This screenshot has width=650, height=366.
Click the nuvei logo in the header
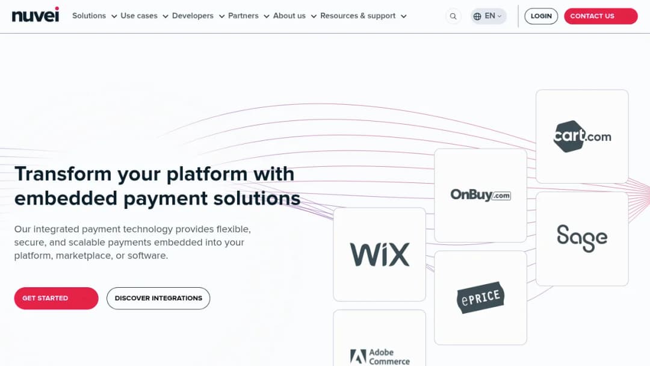36,15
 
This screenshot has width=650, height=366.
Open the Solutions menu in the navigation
94,16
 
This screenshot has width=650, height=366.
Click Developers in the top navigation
198,16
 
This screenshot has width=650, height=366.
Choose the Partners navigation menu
249,16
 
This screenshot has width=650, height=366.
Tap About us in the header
295,16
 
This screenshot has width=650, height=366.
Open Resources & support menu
363,16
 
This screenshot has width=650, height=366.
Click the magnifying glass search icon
453,16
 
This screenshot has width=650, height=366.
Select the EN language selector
488,16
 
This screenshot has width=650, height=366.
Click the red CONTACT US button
601,16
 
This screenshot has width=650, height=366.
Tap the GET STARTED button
57,298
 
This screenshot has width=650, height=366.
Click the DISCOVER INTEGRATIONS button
158,298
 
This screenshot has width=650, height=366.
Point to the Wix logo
380,255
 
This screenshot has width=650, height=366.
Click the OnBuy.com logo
480,195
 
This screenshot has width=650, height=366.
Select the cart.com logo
582,137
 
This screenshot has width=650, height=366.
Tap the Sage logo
582,238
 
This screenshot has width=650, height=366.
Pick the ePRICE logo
480,297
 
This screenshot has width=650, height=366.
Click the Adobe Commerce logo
380,356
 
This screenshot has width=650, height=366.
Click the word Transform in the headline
63,174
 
